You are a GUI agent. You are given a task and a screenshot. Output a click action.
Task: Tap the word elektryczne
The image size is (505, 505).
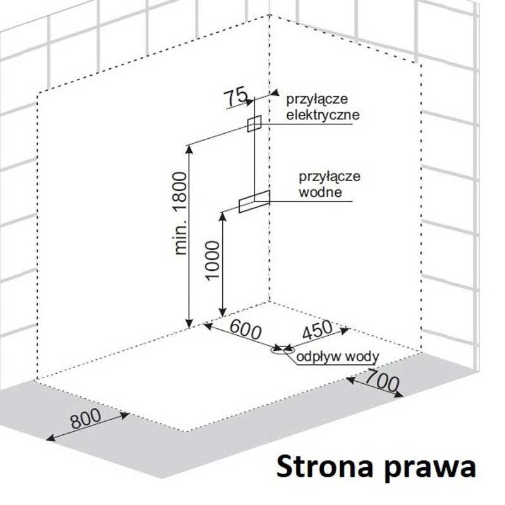tap(323, 116)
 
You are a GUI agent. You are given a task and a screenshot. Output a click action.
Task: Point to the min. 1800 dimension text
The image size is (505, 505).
tap(182, 213)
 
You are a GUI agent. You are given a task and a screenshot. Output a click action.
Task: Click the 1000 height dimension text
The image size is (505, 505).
tap(213, 260)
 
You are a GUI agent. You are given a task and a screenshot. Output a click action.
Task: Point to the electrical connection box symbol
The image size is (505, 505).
tap(254, 122)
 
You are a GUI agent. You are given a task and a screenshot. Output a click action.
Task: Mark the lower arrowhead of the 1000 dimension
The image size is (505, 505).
tap(222, 312)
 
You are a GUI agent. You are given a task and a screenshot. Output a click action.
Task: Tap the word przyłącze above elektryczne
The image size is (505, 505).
tap(317, 100)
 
